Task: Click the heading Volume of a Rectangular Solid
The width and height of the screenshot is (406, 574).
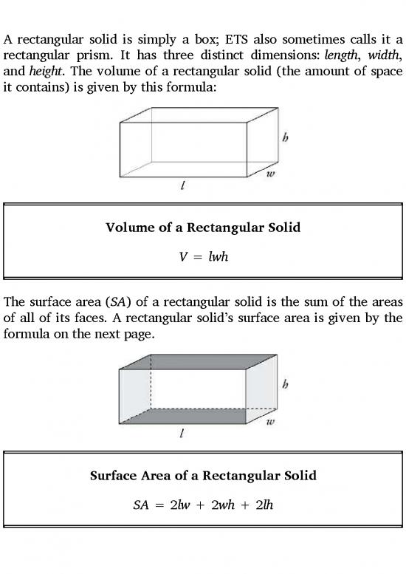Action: click(x=203, y=228)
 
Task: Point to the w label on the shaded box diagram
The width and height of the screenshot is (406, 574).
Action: click(x=270, y=423)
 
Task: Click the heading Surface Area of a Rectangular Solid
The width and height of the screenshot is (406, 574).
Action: click(x=203, y=475)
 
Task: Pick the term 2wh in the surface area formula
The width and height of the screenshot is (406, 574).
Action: click(x=227, y=506)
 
